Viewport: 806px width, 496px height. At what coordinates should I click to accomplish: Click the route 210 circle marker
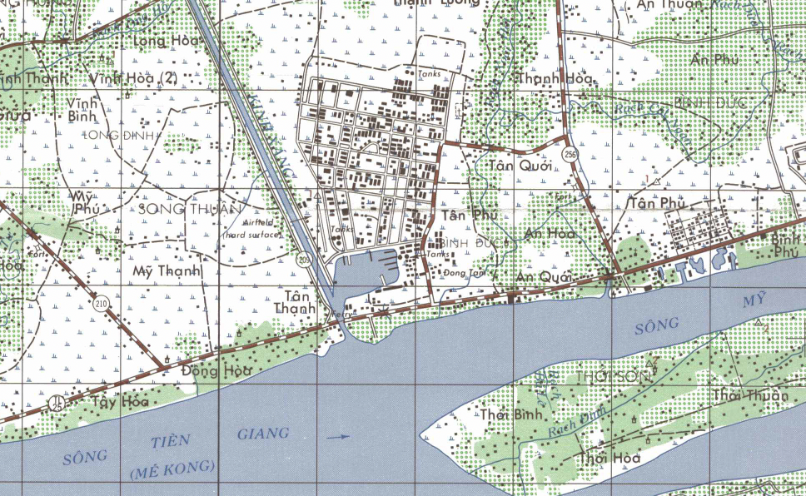(x=102, y=305)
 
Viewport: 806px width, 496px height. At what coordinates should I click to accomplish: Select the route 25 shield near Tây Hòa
(x=57, y=402)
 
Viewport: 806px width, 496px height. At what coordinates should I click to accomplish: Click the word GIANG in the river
(x=263, y=433)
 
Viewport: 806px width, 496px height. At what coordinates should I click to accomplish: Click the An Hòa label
(x=550, y=235)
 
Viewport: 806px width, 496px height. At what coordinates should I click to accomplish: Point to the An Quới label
(x=544, y=276)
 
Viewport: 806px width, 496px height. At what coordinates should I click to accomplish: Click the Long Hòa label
(x=167, y=40)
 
